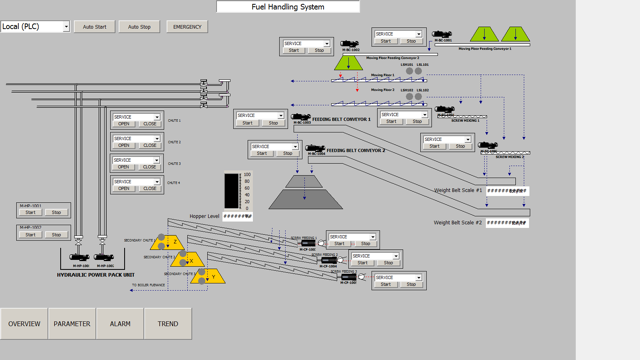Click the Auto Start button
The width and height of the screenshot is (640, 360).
(x=94, y=27)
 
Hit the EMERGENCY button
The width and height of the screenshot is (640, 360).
(x=187, y=27)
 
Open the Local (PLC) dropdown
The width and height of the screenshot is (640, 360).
(x=36, y=27)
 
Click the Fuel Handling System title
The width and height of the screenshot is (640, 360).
(x=288, y=7)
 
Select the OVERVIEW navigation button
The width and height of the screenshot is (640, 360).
(x=24, y=324)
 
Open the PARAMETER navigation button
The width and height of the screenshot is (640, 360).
(x=72, y=324)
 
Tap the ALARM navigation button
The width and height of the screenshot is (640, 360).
(x=120, y=324)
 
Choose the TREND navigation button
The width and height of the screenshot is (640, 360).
(x=168, y=324)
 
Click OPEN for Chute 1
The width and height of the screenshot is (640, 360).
(x=124, y=125)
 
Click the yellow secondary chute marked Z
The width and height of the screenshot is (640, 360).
(x=172, y=242)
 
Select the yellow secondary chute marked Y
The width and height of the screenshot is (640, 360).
(x=212, y=275)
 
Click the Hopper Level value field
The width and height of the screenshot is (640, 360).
(x=237, y=216)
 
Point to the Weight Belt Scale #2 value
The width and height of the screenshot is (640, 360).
(x=507, y=223)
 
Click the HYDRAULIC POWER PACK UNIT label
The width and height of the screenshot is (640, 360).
(x=95, y=274)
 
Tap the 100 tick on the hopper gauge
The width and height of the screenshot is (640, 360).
(x=248, y=175)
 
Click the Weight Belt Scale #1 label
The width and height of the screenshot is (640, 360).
(x=458, y=190)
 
